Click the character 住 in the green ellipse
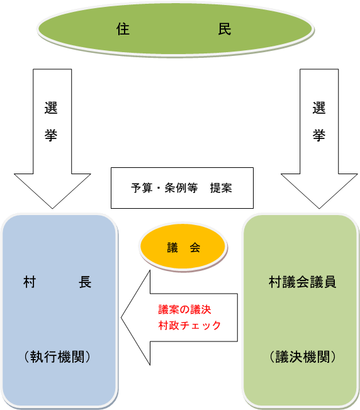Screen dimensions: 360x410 123,29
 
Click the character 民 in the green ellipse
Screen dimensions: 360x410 225,29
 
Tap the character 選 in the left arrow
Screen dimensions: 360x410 51,108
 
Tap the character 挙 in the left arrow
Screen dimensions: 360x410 51,135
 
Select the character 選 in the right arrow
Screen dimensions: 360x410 319,108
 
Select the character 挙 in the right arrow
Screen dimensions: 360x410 319,135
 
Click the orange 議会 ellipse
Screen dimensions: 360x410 183,247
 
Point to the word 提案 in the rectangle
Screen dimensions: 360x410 221,188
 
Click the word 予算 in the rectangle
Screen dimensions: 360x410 142,188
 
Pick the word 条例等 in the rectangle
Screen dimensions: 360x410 181,188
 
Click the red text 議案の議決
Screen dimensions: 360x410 184,309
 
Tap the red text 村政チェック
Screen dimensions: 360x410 189,326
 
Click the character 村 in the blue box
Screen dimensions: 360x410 30,282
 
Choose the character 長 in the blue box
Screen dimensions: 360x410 85,282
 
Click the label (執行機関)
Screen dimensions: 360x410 57,357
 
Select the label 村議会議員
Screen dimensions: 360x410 303,282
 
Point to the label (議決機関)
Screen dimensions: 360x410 303,357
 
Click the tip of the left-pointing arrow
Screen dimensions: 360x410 121,318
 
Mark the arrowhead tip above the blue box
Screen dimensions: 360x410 52,208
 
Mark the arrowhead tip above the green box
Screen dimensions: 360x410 319,208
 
